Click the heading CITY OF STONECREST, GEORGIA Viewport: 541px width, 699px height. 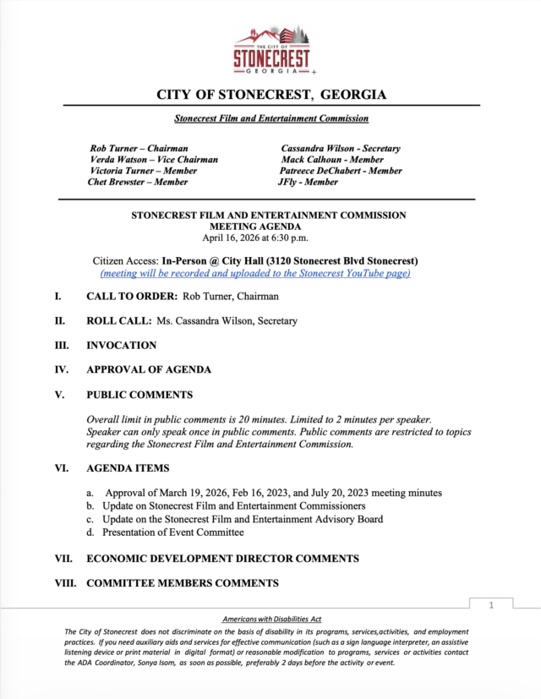click(271, 95)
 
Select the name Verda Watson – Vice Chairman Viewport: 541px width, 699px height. click(154, 159)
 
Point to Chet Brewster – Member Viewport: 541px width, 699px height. click(138, 181)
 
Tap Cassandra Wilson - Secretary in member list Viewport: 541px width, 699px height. click(341, 148)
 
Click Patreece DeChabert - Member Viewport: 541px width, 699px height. click(342, 170)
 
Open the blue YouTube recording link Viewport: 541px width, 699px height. click(255, 273)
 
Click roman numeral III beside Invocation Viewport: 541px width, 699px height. click(61, 345)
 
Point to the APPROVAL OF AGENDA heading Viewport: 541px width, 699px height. click(149, 369)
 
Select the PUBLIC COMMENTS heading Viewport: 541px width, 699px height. click(139, 394)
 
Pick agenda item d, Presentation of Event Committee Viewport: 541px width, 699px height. click(172, 532)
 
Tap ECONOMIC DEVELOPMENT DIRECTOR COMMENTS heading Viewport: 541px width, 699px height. click(222, 558)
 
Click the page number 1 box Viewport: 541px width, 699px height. click(491, 605)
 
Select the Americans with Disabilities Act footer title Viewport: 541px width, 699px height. click(271, 620)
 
